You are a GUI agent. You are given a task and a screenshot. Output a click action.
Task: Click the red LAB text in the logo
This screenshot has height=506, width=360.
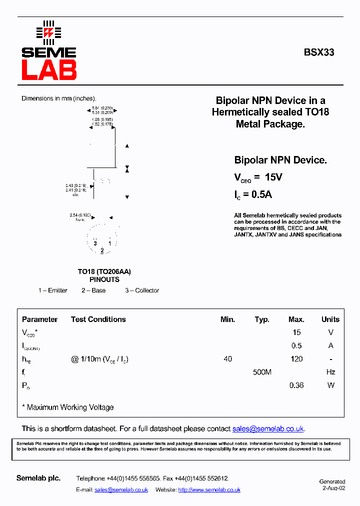(x=49, y=70)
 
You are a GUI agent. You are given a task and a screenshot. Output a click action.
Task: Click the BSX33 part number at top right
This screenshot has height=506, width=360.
(x=319, y=52)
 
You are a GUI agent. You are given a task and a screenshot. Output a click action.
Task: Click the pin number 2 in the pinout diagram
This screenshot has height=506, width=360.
(x=102, y=250)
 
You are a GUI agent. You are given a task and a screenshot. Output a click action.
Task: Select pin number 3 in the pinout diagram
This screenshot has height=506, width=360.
(x=95, y=243)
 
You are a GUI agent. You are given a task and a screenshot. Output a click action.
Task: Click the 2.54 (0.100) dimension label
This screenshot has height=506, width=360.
(x=80, y=215)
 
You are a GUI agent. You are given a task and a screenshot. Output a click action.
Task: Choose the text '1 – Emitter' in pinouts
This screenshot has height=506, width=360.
(x=53, y=290)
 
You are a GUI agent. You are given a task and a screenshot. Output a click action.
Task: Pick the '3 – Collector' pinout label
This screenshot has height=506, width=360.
(x=142, y=290)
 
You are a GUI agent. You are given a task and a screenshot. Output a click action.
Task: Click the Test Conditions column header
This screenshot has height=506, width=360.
(x=98, y=319)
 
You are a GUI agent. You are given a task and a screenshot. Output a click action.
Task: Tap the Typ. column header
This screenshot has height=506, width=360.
(x=262, y=319)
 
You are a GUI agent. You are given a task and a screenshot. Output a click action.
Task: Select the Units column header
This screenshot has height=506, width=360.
(x=330, y=319)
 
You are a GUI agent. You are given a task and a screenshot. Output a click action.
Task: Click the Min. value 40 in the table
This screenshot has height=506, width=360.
(x=228, y=359)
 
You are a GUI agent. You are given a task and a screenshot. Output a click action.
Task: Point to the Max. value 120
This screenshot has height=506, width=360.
(x=296, y=359)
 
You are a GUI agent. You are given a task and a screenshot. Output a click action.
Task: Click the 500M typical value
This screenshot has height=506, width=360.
(x=262, y=372)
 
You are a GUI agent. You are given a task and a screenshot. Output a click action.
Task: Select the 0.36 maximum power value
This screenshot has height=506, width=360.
(x=296, y=385)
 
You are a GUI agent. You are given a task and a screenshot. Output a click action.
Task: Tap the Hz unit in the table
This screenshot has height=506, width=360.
(x=330, y=372)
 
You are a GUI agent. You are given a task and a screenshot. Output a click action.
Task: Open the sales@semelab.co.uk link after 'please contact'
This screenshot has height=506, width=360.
(x=268, y=429)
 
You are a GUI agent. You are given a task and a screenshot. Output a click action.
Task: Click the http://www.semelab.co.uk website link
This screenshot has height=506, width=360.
(x=209, y=490)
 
